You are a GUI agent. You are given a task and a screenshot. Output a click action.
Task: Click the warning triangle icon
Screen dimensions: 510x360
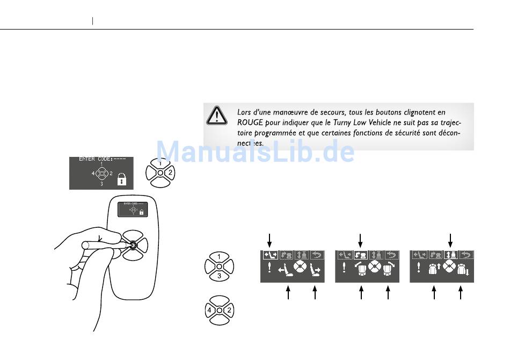point(217,116)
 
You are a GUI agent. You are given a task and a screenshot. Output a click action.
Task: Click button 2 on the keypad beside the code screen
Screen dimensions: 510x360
point(169,172)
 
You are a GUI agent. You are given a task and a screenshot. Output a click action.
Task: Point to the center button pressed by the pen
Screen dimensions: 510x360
point(133,246)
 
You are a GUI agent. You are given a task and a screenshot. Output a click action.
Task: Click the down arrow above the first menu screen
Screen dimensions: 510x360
point(270,238)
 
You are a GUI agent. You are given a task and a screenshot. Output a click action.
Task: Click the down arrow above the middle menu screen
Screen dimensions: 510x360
point(360,238)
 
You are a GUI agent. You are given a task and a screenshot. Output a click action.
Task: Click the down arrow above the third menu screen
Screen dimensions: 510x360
point(450,238)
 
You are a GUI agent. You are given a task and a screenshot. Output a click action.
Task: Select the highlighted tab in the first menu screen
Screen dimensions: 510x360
point(269,255)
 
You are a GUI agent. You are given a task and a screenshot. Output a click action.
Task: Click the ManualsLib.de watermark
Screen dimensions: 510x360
point(255,151)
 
